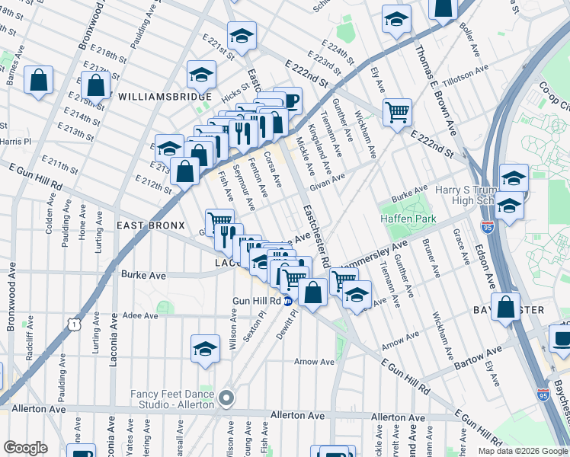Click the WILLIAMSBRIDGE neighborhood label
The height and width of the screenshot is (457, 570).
click(x=165, y=97)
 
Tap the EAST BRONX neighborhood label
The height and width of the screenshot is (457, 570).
click(x=150, y=226)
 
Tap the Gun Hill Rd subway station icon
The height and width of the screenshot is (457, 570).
click(x=288, y=301)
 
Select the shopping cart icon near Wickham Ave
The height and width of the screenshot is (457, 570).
click(x=397, y=113)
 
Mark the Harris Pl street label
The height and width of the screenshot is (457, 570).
click(x=15, y=141)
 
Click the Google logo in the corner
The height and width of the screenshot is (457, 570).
click(x=25, y=448)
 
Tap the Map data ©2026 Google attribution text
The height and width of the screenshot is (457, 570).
click(x=523, y=451)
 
